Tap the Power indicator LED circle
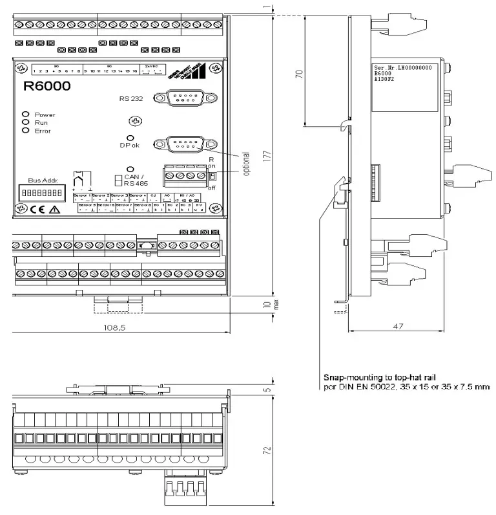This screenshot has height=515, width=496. (26, 114)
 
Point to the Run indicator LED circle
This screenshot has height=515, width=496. (26, 122)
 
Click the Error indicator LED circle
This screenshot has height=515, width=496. (26, 130)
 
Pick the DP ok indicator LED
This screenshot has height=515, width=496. (130, 138)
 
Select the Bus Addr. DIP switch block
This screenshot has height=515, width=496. (46, 193)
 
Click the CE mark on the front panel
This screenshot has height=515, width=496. (38, 209)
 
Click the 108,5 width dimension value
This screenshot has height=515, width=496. (116, 328)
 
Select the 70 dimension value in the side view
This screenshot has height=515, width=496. (298, 74)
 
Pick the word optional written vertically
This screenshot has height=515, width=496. (245, 164)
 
